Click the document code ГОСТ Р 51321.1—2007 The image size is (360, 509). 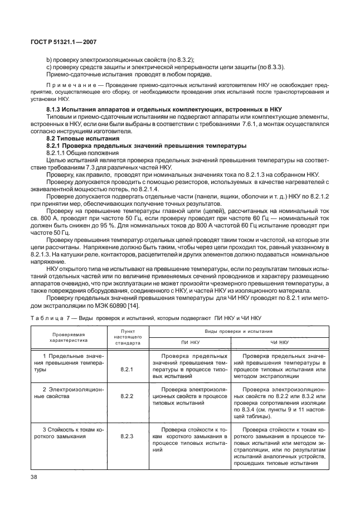coord(61,41)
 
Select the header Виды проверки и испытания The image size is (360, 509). coord(235,331)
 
